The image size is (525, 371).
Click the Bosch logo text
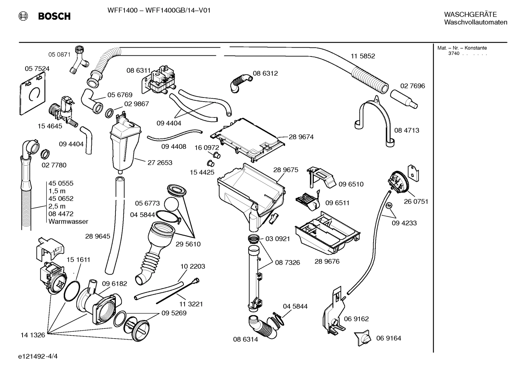[54, 16]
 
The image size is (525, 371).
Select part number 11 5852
[363, 56]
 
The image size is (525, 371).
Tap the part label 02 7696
[412, 86]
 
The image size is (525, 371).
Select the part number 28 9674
[301, 137]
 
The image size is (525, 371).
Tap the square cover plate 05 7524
[32, 92]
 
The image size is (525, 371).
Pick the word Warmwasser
[68, 221]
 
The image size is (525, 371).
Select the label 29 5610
[188, 244]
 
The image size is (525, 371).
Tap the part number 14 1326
[33, 335]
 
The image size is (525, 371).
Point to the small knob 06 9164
[363, 338]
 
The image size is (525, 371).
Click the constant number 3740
[454, 54]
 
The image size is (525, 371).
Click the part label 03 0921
[277, 239]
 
